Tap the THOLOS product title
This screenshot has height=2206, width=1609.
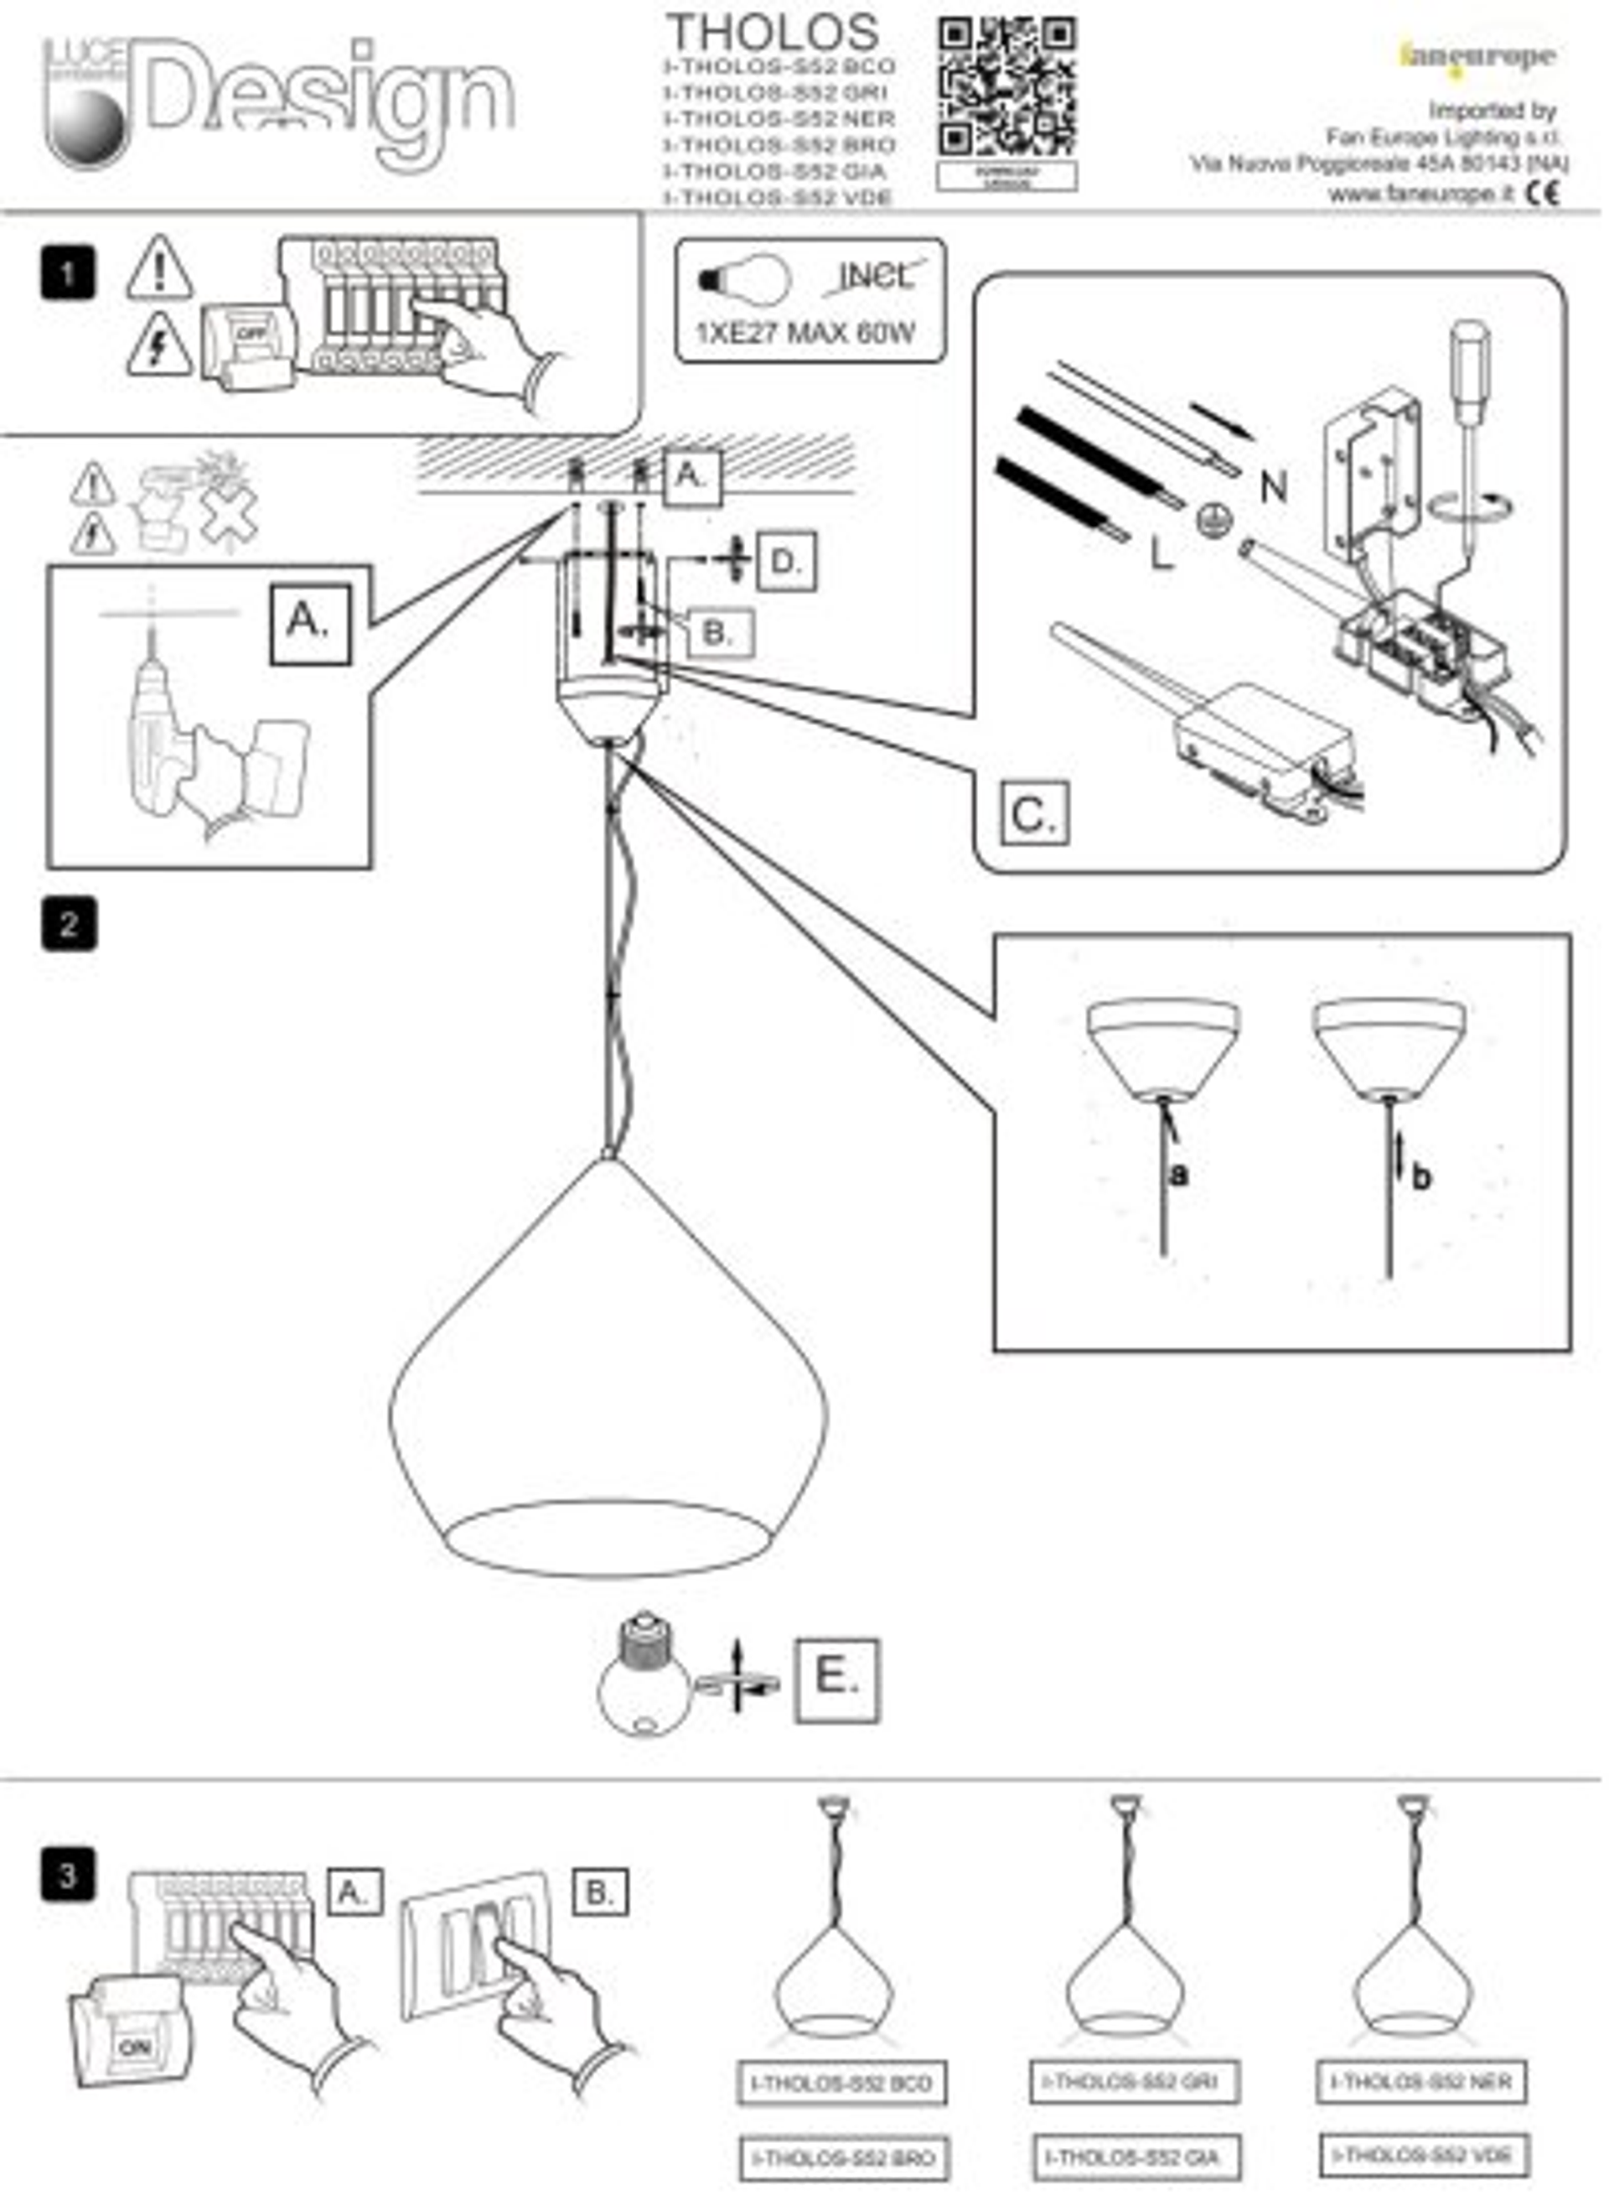coord(773,32)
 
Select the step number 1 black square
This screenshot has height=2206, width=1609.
coord(68,274)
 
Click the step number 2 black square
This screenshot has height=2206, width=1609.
coord(70,924)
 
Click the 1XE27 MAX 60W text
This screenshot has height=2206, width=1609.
coord(804,333)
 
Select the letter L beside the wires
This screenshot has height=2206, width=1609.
coord(1161,554)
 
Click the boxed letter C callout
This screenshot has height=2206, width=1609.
coord(1033,812)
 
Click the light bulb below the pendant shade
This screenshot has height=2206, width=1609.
coord(644,1679)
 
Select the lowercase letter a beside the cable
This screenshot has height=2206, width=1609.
coord(1179,1175)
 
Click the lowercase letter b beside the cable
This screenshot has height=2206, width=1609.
coord(1421,1177)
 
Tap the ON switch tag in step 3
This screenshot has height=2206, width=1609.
coord(133,2048)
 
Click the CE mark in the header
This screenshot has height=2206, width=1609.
coord(1542,192)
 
